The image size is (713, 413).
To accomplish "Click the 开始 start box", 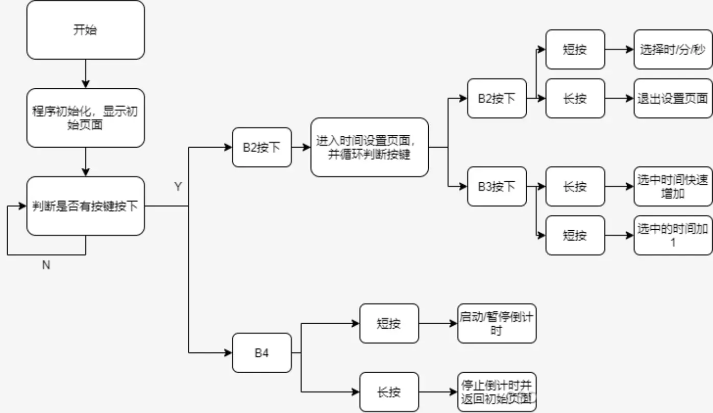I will (85, 30).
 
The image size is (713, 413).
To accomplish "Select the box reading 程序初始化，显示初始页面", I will (85, 118).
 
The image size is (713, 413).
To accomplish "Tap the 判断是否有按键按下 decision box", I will (85, 206).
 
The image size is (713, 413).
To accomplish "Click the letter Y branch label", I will (178, 187).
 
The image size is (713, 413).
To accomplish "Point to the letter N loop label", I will (46, 265).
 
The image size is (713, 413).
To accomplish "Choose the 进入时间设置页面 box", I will (369, 148).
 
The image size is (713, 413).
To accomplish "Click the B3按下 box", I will (497, 187).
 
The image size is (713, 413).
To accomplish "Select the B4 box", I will (262, 353).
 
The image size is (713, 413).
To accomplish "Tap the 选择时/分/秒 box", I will (673, 50).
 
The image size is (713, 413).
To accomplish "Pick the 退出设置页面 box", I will (673, 99).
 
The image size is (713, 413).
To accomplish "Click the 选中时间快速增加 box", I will (673, 187).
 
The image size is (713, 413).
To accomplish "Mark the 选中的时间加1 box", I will (673, 235).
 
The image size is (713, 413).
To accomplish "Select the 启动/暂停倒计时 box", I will (497, 324).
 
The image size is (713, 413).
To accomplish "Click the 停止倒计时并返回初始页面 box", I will (497, 392).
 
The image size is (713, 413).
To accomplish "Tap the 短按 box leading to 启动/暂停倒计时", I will (389, 324).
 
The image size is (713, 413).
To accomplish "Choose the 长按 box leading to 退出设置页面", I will (575, 99).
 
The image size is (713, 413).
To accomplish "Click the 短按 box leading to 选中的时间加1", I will (575, 235).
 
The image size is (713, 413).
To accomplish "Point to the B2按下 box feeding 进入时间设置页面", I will (262, 148).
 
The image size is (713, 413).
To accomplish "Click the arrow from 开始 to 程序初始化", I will (85, 74).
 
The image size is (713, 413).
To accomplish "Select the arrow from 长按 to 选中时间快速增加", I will (619, 187).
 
